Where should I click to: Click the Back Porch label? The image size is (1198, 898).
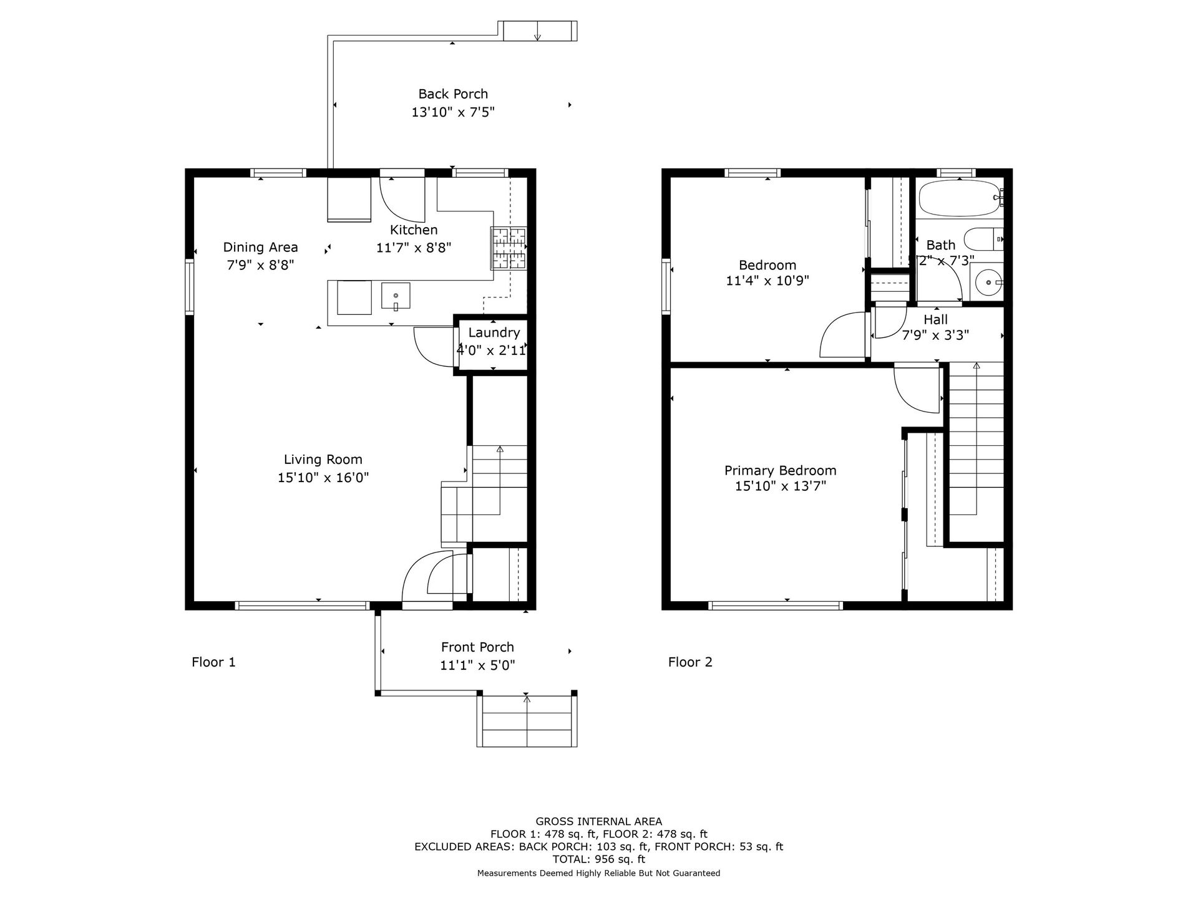pos(453,94)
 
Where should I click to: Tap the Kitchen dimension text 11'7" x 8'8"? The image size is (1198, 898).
pos(414,248)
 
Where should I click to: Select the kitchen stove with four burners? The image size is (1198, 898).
pos(509,248)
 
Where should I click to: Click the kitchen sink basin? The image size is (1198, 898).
pos(396,296)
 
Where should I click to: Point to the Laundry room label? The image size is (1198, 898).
pos(494,333)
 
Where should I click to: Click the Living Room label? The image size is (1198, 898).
pos(323,460)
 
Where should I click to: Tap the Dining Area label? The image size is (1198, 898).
pos(261,248)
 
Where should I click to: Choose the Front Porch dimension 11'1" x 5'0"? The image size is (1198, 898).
pos(478,665)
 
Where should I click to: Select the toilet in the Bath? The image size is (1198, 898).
pos(983,239)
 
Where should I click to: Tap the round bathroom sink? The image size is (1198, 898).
pos(988,282)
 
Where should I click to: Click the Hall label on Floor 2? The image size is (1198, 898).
pos(936,320)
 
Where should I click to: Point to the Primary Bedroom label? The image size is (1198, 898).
pos(781,471)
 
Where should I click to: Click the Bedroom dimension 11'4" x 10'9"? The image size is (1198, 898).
pos(767,281)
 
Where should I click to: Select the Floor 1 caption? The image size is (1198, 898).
pos(213,662)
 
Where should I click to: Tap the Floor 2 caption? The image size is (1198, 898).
pos(690,662)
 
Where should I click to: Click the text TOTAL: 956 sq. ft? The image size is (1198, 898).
pos(599,859)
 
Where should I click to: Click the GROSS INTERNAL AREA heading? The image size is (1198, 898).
pos(599,822)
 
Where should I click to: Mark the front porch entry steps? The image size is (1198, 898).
pos(527,721)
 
